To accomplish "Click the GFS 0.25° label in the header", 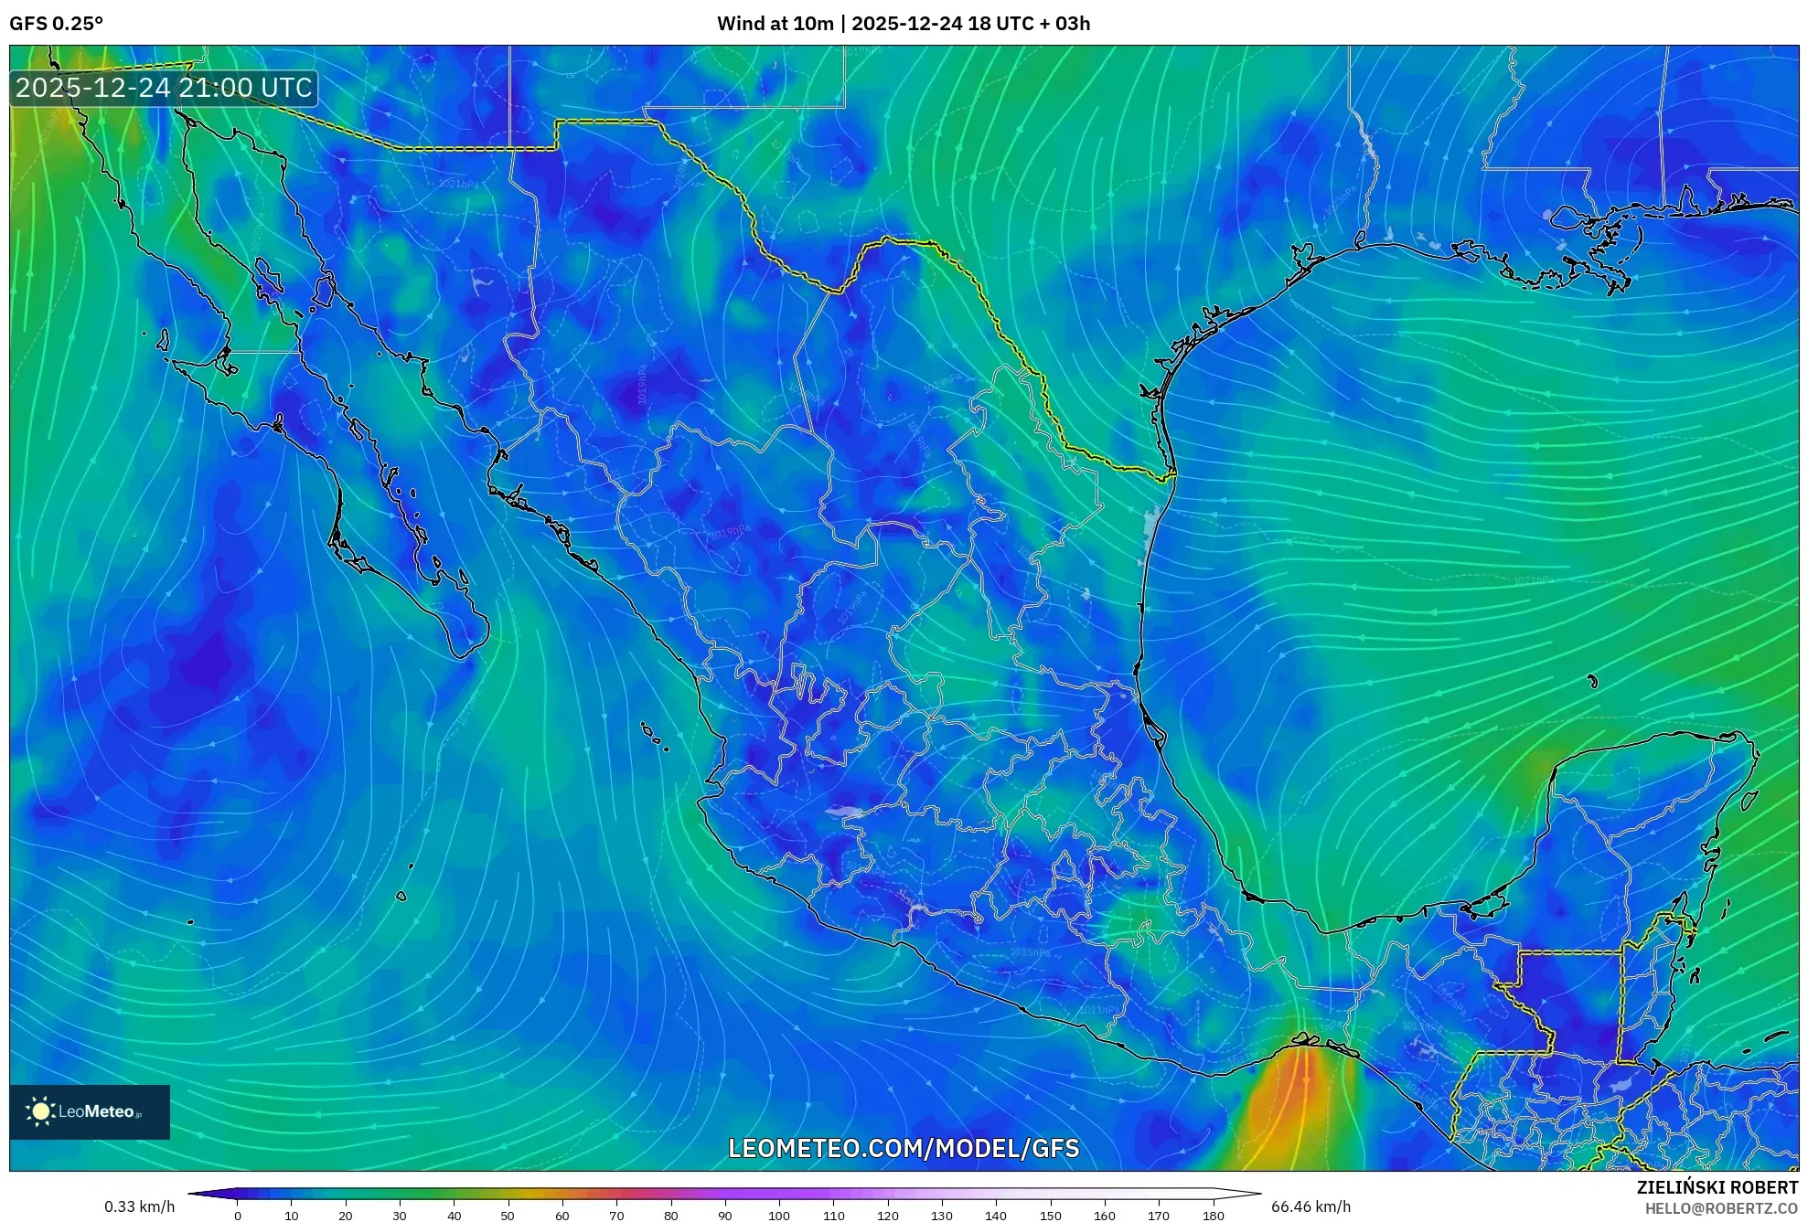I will [x=56, y=24].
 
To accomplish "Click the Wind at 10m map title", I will [x=903, y=24].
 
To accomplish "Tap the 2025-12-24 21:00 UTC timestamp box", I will [x=164, y=89].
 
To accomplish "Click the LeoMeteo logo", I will [x=90, y=1111].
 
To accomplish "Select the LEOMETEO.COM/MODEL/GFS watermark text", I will [x=903, y=1149].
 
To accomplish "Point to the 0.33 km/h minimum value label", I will [x=139, y=1206].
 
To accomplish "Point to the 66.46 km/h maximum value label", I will [x=1310, y=1206].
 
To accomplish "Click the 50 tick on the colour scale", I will [x=508, y=1216].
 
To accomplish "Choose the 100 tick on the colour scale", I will [x=778, y=1216].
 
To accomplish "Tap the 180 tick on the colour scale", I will [x=1213, y=1216].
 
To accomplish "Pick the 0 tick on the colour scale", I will [x=238, y=1216].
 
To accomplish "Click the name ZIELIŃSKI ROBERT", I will [x=1717, y=1187].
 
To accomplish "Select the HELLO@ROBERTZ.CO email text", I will [x=1721, y=1208].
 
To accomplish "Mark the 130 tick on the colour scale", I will [x=941, y=1216].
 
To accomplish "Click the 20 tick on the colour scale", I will [x=346, y=1216].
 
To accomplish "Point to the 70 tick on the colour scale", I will [x=616, y=1216].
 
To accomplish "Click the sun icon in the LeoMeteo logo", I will [x=41, y=1111].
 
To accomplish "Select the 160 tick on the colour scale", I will [x=1104, y=1216].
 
